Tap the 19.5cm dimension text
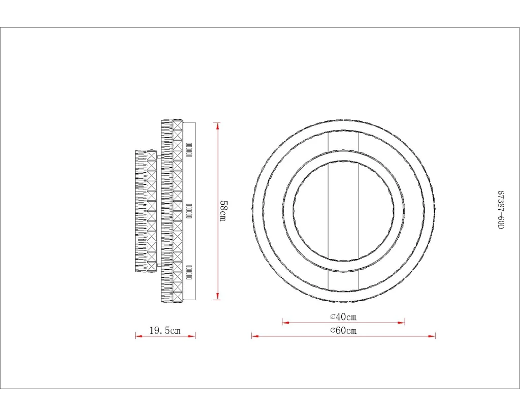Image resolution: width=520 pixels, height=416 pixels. [165, 330]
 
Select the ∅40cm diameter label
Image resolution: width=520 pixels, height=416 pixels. [344, 317]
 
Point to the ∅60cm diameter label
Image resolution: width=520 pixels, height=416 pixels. [344, 330]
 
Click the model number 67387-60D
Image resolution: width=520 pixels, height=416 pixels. [501, 210]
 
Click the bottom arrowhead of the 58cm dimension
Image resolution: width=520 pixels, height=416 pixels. [217, 296]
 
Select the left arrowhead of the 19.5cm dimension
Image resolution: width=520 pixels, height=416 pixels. [139, 336]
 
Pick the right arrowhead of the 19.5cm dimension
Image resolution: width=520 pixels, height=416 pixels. [191, 336]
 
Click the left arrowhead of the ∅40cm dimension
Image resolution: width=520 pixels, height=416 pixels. [286, 322]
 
